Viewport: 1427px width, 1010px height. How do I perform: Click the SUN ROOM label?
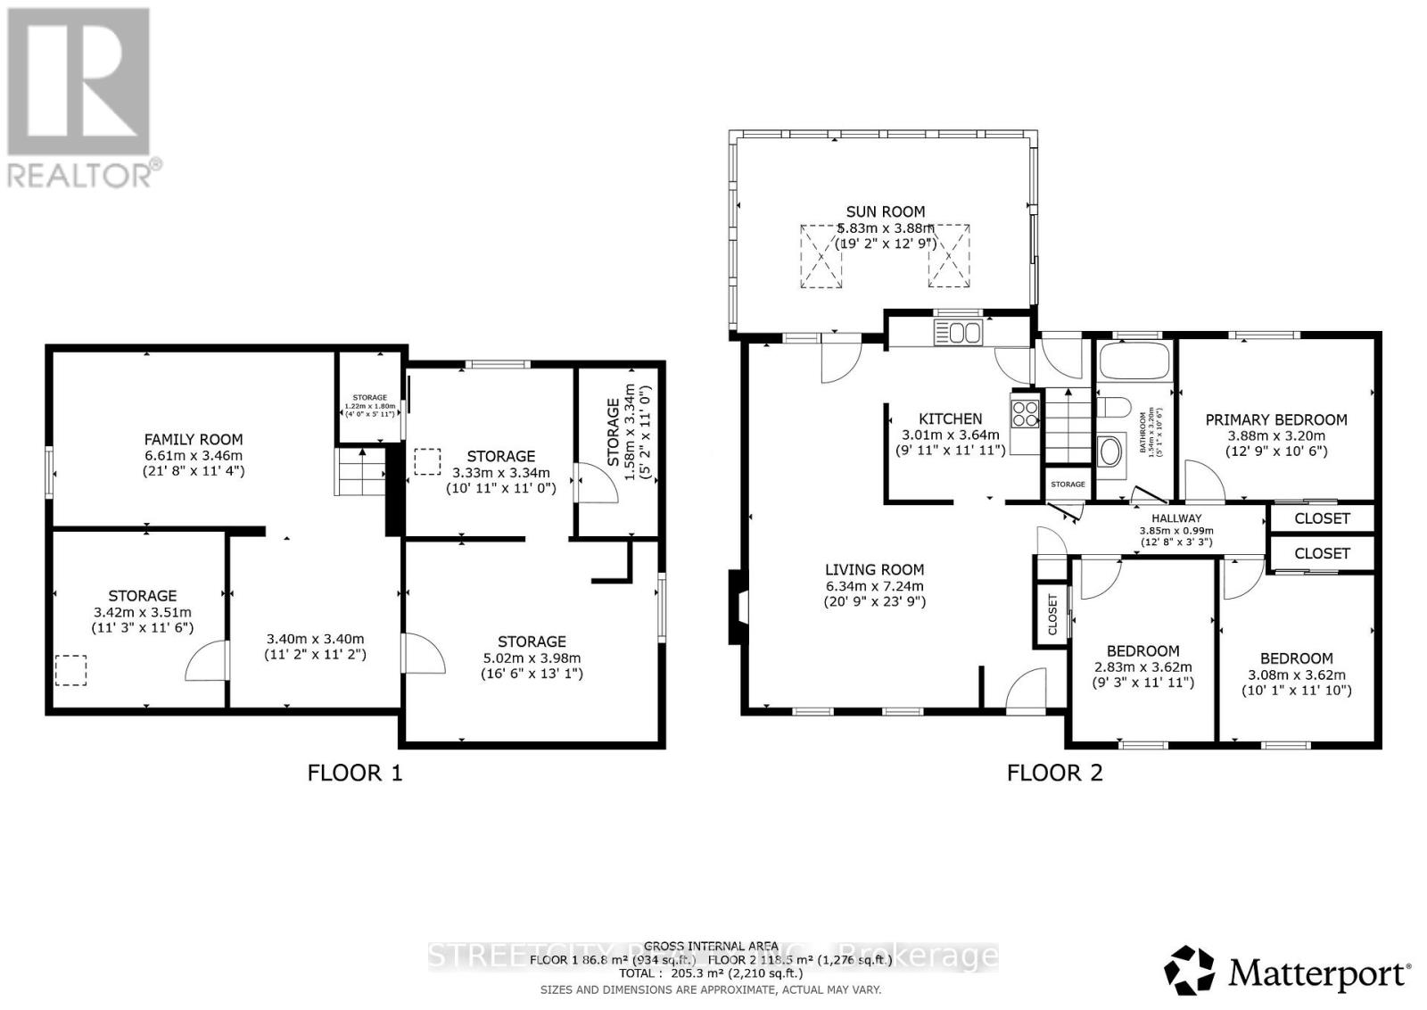point(885,211)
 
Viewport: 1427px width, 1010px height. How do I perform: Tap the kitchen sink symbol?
point(957,334)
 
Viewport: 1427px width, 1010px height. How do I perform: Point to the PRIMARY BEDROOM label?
point(1275,419)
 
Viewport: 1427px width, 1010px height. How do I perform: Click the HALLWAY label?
point(1175,518)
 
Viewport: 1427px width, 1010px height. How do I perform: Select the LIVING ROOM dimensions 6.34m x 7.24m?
point(874,585)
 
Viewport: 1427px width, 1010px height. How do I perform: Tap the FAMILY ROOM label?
point(194,439)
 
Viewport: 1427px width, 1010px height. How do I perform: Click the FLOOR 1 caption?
point(354,773)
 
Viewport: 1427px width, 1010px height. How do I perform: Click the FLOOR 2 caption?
point(1054,773)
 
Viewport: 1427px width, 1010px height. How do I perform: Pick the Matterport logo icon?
point(1190,971)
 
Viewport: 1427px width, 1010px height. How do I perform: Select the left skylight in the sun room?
point(821,256)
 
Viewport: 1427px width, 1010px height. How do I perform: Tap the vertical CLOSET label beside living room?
point(1052,614)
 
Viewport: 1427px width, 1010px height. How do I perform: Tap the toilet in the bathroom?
point(1114,409)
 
